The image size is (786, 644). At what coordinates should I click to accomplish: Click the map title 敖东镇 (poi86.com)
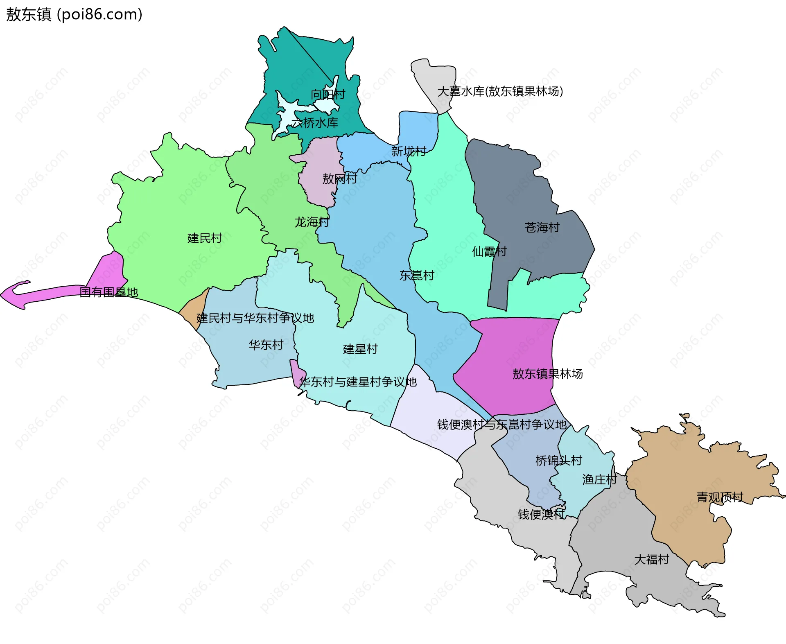click(x=74, y=14)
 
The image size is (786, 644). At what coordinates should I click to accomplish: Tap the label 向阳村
click(x=327, y=95)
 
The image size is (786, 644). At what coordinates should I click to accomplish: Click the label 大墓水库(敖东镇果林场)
click(x=500, y=91)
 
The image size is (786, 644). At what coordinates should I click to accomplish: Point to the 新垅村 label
click(x=409, y=151)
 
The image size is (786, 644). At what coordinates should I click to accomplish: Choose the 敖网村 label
click(x=339, y=179)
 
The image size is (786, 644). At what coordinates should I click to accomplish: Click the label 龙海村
click(x=312, y=222)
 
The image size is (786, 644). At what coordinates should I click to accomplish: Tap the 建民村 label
click(x=204, y=238)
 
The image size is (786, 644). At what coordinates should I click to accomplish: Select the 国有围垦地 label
click(x=108, y=292)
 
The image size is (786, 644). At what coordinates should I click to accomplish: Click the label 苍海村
click(x=542, y=228)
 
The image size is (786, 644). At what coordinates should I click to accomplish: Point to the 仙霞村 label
click(x=489, y=251)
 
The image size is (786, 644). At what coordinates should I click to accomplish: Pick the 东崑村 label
click(x=417, y=276)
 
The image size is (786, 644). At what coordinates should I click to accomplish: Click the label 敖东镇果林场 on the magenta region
click(x=547, y=374)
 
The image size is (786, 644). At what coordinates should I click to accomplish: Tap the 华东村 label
click(x=266, y=345)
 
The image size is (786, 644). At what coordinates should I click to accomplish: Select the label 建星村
click(x=360, y=349)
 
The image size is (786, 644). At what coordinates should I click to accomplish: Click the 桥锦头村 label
click(x=558, y=461)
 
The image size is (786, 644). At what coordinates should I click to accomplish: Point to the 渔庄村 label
click(x=599, y=480)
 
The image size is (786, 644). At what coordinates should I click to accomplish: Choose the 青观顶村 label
click(x=720, y=497)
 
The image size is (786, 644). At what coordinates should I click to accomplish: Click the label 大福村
click(x=651, y=560)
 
